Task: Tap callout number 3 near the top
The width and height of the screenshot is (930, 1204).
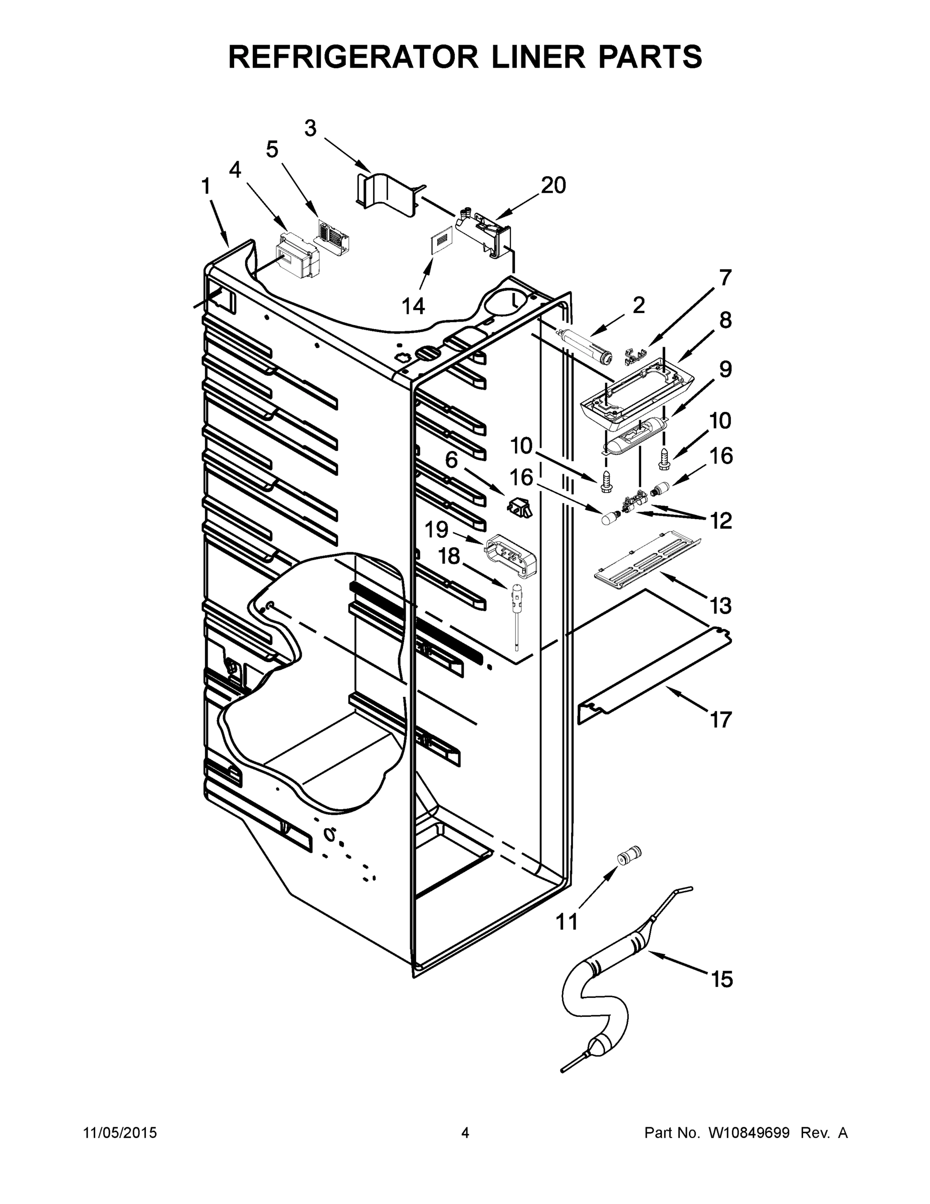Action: [x=311, y=128]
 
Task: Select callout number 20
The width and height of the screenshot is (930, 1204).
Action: [x=553, y=186]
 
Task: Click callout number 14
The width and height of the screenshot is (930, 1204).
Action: [x=413, y=306]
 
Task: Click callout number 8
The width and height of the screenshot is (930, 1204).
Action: [x=725, y=320]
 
